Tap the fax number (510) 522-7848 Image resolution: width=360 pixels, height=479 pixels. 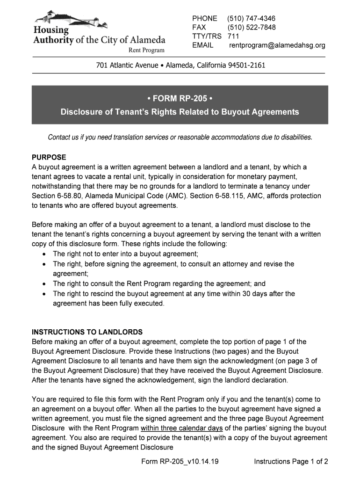(252, 27)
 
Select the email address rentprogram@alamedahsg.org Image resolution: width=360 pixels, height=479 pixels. (277, 45)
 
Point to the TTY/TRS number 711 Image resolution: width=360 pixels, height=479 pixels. (233, 36)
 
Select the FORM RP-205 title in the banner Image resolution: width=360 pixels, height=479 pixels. (180, 99)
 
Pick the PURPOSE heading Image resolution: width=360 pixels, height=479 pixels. (49, 157)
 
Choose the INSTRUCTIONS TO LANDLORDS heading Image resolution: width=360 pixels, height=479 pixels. (87, 332)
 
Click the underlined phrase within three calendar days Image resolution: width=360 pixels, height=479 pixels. (181, 428)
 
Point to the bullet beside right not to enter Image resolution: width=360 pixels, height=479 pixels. (43, 254)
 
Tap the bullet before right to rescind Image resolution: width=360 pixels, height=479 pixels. (43, 294)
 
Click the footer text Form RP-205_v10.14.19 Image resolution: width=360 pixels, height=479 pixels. (180, 462)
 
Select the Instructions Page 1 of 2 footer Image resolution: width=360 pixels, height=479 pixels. (291, 462)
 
